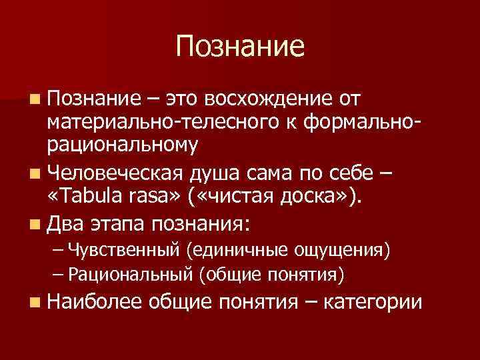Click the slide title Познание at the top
(x=240, y=46)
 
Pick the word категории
(x=372, y=303)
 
